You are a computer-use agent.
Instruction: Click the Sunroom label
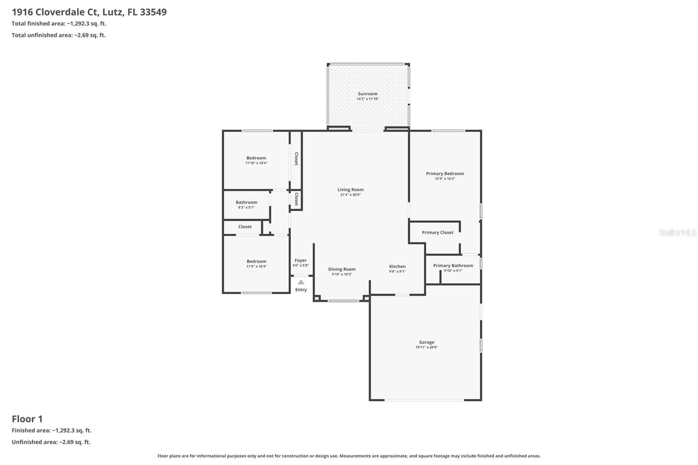[x=368, y=94]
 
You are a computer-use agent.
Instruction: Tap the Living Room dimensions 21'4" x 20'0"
[x=350, y=195]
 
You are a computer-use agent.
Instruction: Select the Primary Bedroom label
[x=445, y=174]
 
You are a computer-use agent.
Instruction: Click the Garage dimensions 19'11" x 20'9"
[x=426, y=347]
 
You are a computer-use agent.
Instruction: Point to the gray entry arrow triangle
[x=301, y=282]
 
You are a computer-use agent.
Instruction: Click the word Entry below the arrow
[x=301, y=290]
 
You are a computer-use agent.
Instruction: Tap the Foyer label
[x=301, y=260]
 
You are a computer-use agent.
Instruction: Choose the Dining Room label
[x=342, y=269]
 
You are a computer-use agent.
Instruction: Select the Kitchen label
[x=397, y=266]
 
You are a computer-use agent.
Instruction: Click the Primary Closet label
[x=438, y=232]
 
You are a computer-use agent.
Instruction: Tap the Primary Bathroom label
[x=453, y=265]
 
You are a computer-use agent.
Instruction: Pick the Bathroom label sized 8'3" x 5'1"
[x=246, y=202]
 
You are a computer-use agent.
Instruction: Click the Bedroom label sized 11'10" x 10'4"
[x=256, y=158]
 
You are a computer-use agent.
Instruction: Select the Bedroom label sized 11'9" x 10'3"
[x=256, y=261]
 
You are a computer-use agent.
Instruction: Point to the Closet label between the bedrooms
[x=245, y=227]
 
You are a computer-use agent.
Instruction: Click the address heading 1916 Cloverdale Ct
[x=89, y=12]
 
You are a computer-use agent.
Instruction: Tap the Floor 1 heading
[x=27, y=419]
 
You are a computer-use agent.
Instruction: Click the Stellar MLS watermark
[x=677, y=232]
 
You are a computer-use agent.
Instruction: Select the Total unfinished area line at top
[x=58, y=35]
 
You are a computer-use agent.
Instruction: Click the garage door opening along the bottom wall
[x=424, y=400]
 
